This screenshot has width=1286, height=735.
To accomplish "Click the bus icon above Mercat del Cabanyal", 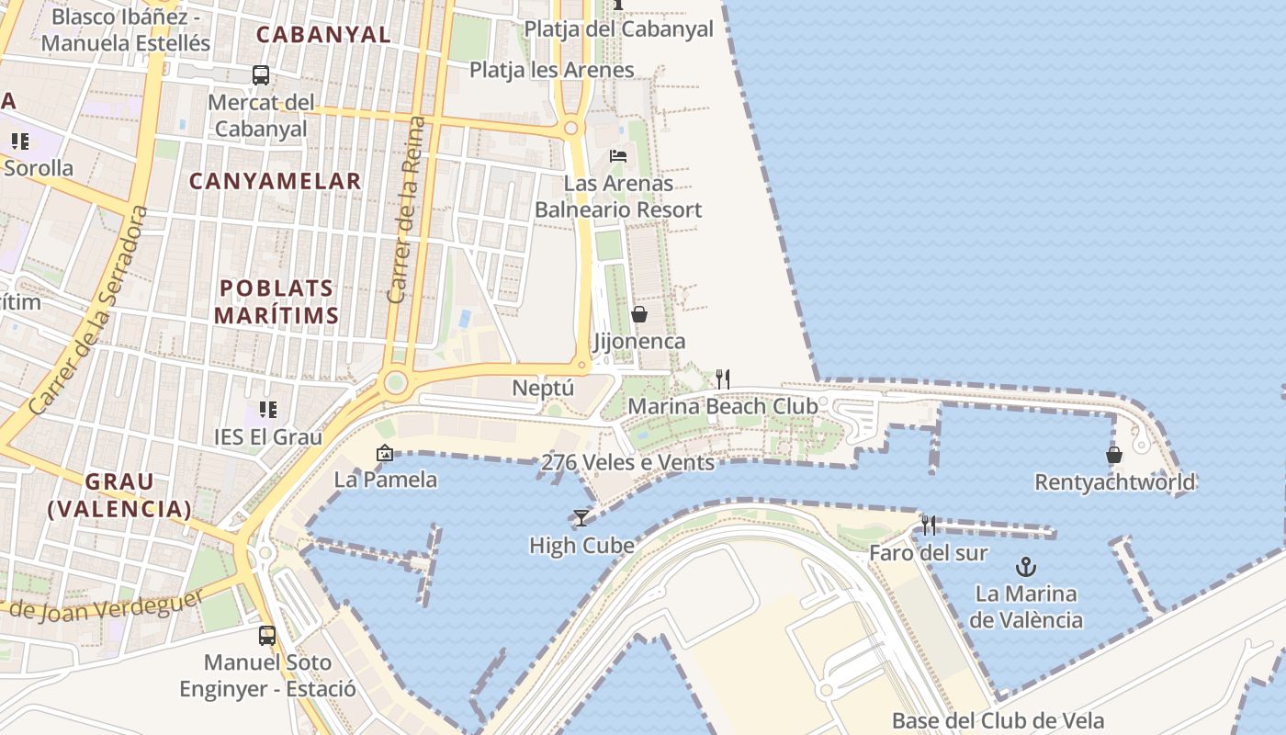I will coord(261,75).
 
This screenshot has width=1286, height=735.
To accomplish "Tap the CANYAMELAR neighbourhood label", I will coord(276,181).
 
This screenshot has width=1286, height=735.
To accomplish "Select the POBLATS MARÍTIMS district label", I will coord(276,301).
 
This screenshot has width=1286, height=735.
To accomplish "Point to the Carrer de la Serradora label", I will coord(89,310).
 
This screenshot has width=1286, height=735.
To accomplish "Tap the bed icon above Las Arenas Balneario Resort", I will coord(618,155).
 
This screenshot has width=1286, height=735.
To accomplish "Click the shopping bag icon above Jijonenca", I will coord(639,315).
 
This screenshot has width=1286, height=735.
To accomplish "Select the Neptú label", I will coord(543,388).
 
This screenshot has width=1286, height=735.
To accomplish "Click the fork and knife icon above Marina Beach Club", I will coord(723,379).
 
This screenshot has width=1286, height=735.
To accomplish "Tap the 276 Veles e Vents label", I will coord(627,462).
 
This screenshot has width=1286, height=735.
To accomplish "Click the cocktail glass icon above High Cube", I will coord(581,518).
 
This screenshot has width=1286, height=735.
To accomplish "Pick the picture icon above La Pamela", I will coord(385,453).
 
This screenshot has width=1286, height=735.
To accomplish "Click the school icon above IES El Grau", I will coord(268,410).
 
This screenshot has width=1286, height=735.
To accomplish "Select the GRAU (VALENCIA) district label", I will coord(119,495).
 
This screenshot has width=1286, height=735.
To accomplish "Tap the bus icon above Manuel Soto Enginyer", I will coord(266,635).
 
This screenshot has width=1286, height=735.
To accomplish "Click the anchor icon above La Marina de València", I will coord(1026,567).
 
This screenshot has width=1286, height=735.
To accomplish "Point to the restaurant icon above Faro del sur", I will coord(929,526).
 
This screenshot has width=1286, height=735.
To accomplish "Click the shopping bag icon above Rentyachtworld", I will coord(1114,455).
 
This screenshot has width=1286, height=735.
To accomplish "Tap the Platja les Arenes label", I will coord(551,70).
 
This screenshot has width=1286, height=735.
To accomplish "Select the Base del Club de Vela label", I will coord(998,720).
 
